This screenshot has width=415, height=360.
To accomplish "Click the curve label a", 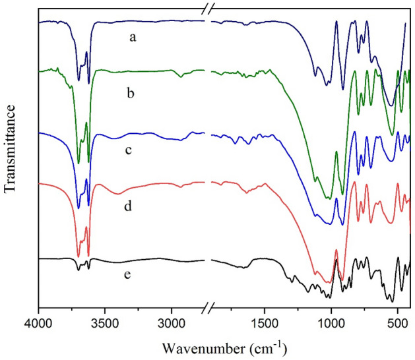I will (133, 38).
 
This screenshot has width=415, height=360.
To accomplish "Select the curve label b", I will (130, 94).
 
